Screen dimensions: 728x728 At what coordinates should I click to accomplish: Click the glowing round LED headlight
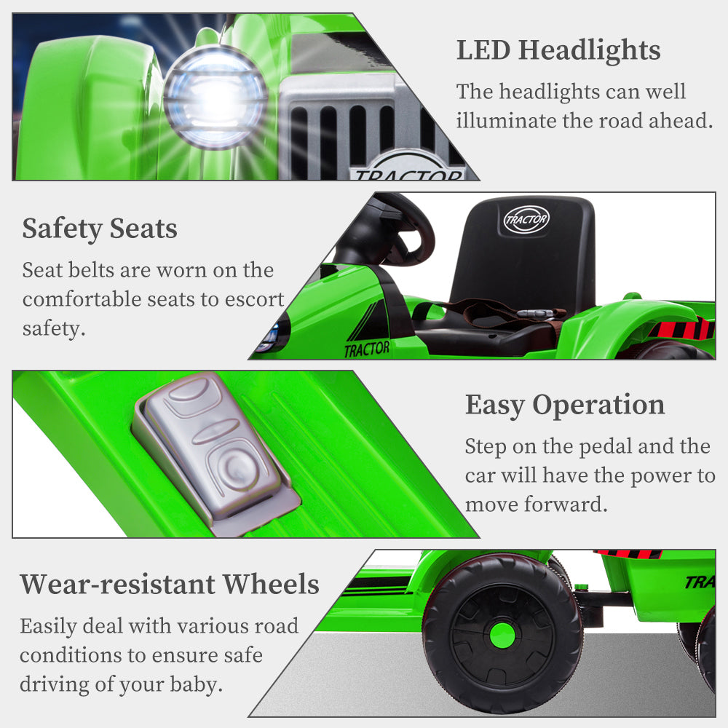point(215,97)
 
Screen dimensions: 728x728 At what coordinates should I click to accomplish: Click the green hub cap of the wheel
point(502,636)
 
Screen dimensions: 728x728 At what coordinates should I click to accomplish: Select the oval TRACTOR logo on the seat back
point(526,219)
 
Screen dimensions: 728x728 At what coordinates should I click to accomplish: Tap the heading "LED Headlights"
point(558,50)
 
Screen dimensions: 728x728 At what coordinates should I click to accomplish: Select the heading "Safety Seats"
point(100,229)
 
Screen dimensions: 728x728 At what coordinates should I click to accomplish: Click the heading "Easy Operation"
point(565,405)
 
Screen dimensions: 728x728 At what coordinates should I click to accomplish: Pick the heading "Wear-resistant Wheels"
point(170,584)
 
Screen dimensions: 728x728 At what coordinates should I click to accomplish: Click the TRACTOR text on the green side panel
point(367,349)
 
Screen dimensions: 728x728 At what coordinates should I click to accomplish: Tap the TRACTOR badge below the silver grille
point(408,173)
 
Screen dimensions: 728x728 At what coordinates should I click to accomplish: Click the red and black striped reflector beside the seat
point(681,329)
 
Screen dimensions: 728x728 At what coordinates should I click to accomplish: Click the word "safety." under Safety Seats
point(54,329)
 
